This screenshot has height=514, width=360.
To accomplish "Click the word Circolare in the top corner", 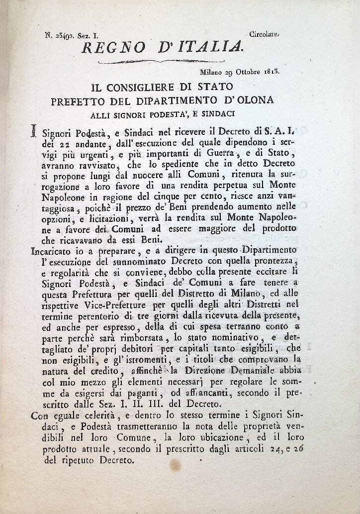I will [x=265, y=34].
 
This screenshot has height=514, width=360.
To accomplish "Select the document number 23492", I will [x=64, y=35].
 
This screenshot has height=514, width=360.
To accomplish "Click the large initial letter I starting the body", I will [x=33, y=131].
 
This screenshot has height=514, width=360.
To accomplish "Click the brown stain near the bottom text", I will [x=175, y=465].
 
